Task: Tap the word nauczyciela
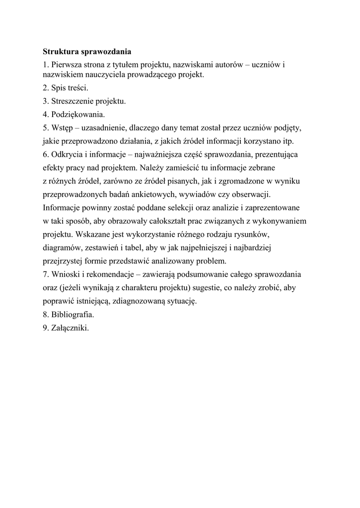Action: click(x=96, y=75)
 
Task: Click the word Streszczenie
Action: click(x=73, y=102)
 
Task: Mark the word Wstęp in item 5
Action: click(x=62, y=128)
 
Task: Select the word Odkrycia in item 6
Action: click(x=66, y=154)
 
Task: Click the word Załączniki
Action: click(x=70, y=327)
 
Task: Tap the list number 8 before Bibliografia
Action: click(x=45, y=315)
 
